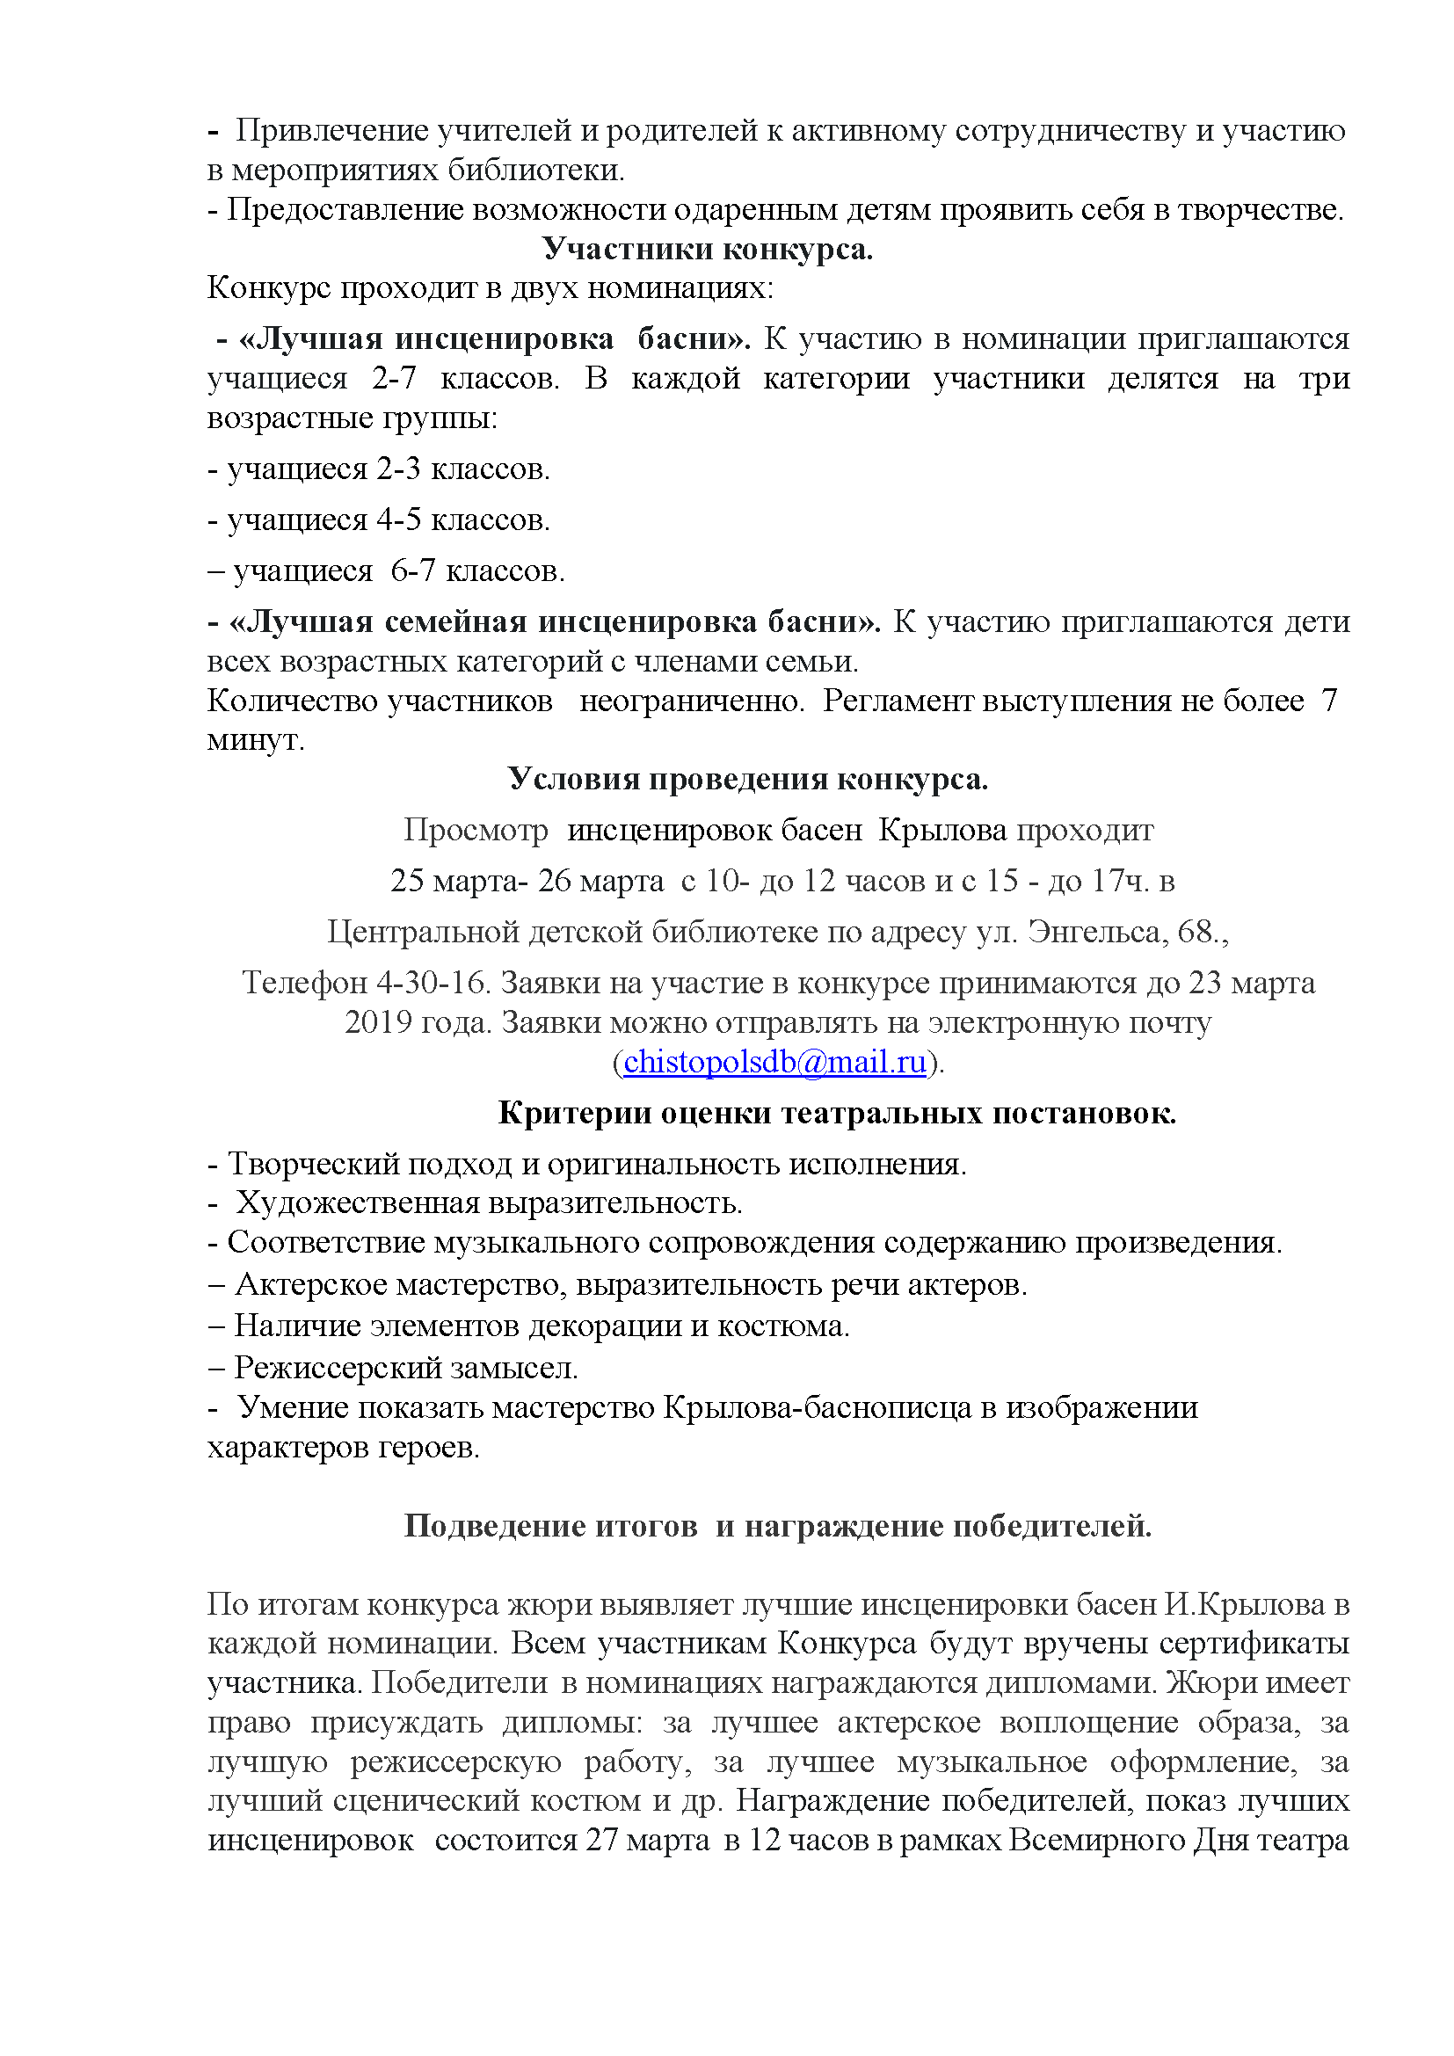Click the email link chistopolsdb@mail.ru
(774, 1062)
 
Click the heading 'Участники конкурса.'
(708, 249)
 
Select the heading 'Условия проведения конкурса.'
(747, 779)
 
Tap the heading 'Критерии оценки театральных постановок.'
(836, 1112)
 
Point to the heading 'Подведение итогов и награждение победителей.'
(777, 1526)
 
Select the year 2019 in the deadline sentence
(380, 1022)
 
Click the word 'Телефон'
(304, 984)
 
